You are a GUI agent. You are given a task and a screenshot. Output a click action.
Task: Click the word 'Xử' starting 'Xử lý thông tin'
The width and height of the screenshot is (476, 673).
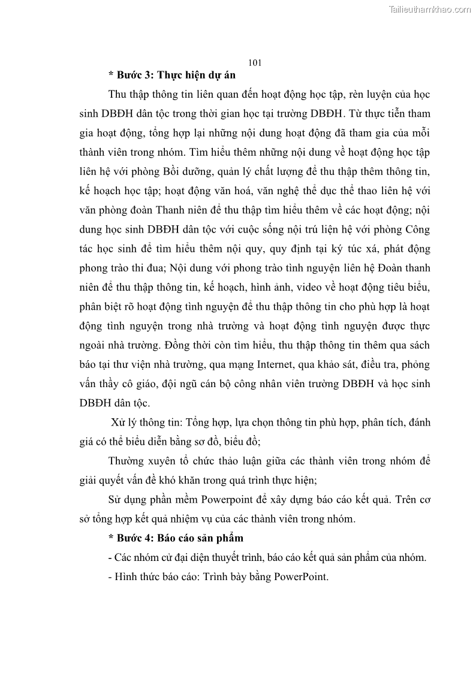[118, 422]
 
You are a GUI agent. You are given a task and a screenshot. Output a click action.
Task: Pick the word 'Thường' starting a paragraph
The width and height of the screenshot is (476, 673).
[127, 461]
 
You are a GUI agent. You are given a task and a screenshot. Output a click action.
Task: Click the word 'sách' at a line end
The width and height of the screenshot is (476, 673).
[417, 346]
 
